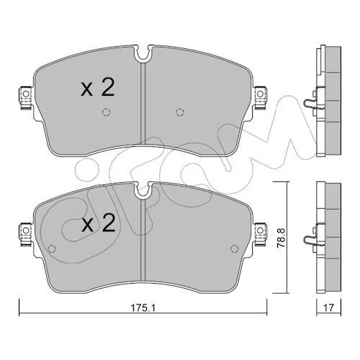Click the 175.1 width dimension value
143,307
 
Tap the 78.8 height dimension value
281,238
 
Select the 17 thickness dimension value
328,307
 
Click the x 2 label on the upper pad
97,88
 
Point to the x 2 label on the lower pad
98,223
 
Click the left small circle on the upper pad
106,112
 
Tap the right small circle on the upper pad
180,112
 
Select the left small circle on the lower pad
52,249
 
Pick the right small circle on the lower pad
234,249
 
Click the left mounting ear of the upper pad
25,98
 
